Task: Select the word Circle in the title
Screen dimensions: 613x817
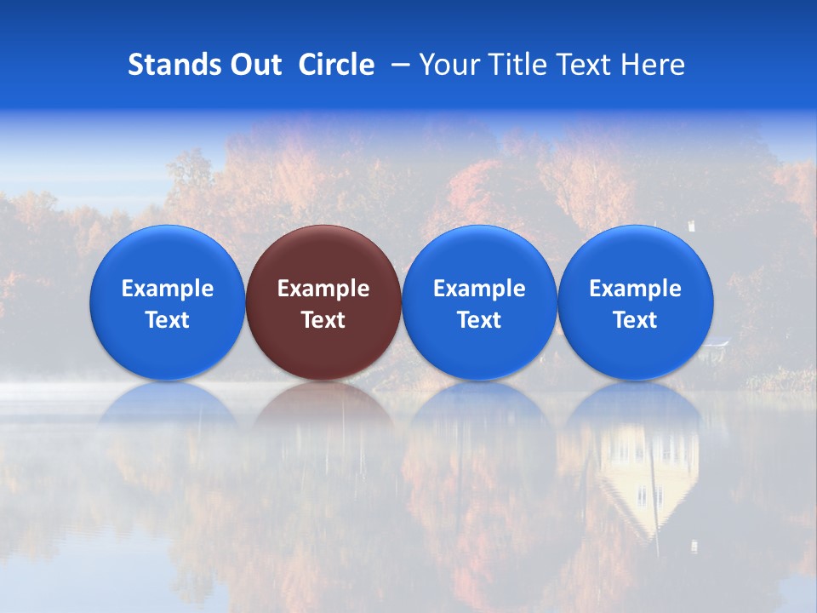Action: [x=336, y=65]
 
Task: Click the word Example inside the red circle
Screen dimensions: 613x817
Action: [x=323, y=289]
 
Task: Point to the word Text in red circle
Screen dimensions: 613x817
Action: [x=323, y=320]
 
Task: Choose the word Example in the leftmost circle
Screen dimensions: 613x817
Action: [x=168, y=289]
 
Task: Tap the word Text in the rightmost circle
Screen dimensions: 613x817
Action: [x=636, y=320]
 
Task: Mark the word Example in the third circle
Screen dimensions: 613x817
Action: [x=479, y=289]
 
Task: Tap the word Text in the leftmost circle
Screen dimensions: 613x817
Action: [x=168, y=320]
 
